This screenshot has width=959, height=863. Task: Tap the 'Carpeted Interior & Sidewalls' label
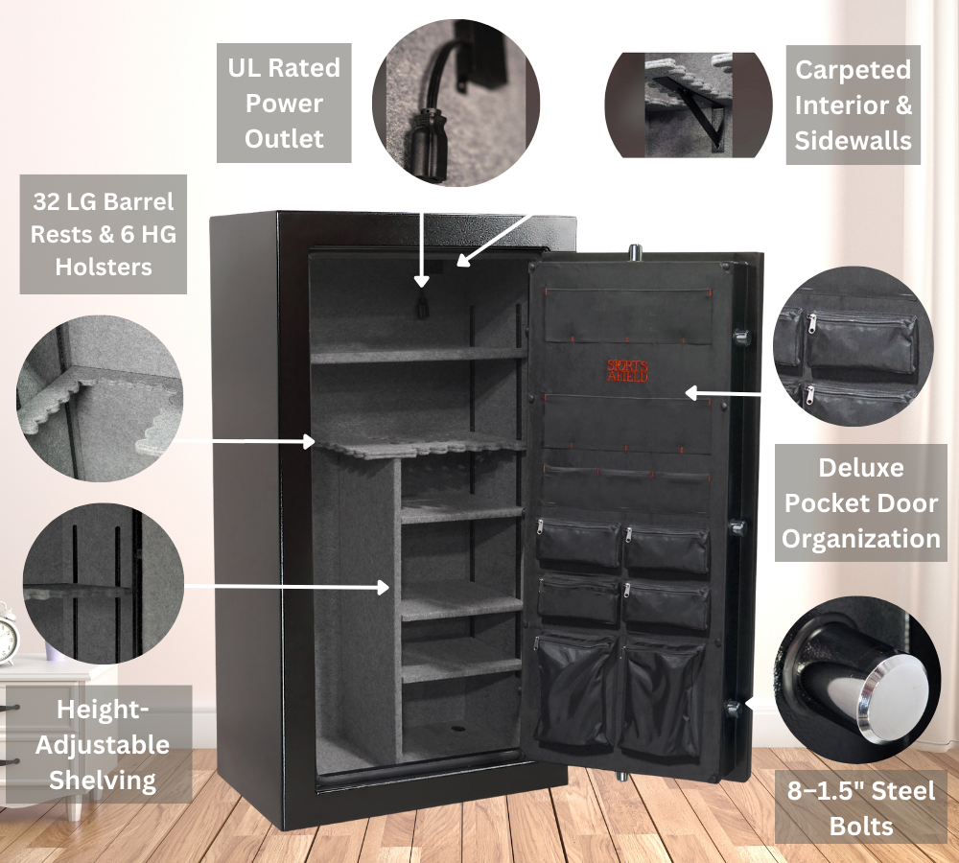point(853,105)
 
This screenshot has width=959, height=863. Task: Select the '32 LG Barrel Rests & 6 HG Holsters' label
point(104,234)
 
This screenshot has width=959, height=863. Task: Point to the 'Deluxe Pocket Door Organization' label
point(860,503)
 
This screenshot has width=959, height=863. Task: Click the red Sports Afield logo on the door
point(627,370)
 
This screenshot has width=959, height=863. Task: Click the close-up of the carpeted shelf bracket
point(689,105)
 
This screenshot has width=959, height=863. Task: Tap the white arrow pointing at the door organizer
point(724,392)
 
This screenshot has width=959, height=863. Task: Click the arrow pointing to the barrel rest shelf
point(248,441)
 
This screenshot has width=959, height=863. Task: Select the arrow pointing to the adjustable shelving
point(287,584)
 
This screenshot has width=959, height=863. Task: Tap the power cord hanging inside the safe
point(421,307)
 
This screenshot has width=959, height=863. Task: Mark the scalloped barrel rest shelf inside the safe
point(422,446)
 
